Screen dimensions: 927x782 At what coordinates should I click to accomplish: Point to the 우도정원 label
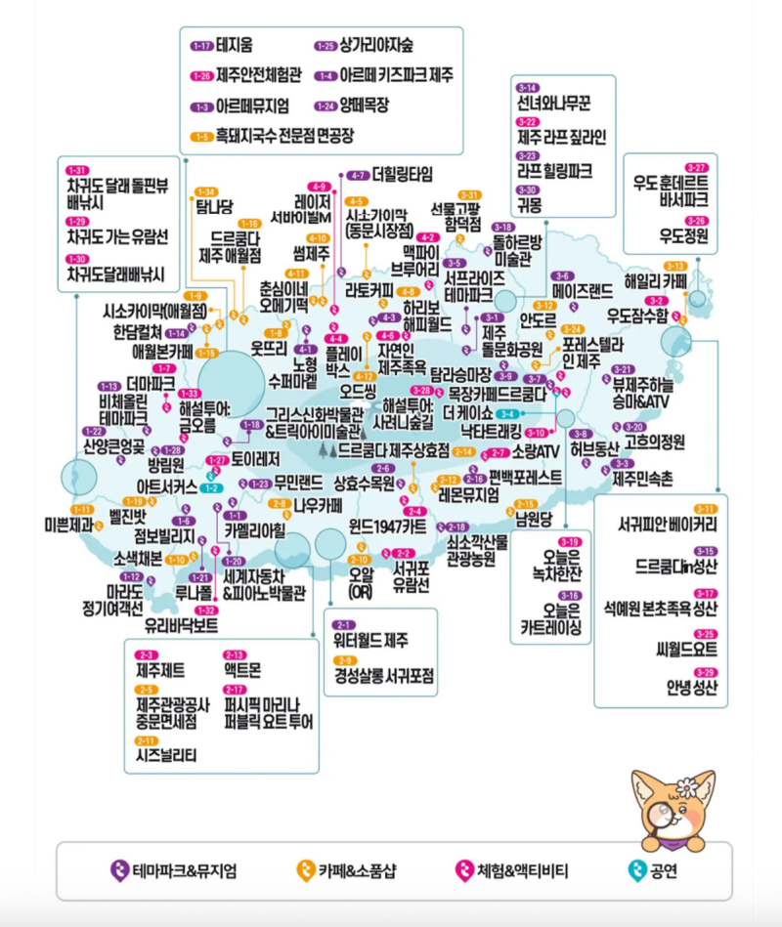(683, 234)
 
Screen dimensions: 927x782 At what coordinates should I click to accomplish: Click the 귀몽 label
(529, 204)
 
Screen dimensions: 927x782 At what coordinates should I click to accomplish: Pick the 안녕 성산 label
(691, 687)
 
